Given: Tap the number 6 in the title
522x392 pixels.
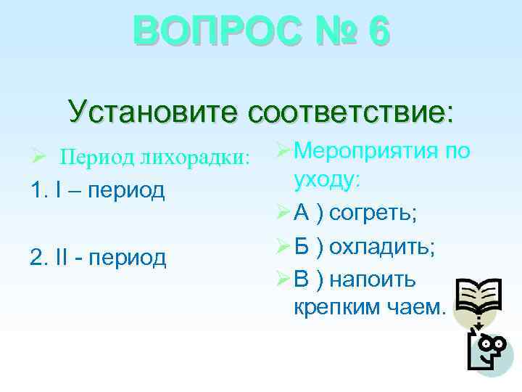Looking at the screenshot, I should click(x=378, y=33).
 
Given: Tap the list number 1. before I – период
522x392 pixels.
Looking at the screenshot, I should click(x=40, y=189).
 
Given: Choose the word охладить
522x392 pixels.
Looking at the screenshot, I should click(x=381, y=246).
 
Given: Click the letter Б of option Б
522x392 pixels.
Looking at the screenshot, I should click(x=304, y=246).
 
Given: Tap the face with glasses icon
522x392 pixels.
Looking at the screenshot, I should click(x=488, y=351).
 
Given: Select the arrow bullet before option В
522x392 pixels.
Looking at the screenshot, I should click(x=283, y=279).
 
